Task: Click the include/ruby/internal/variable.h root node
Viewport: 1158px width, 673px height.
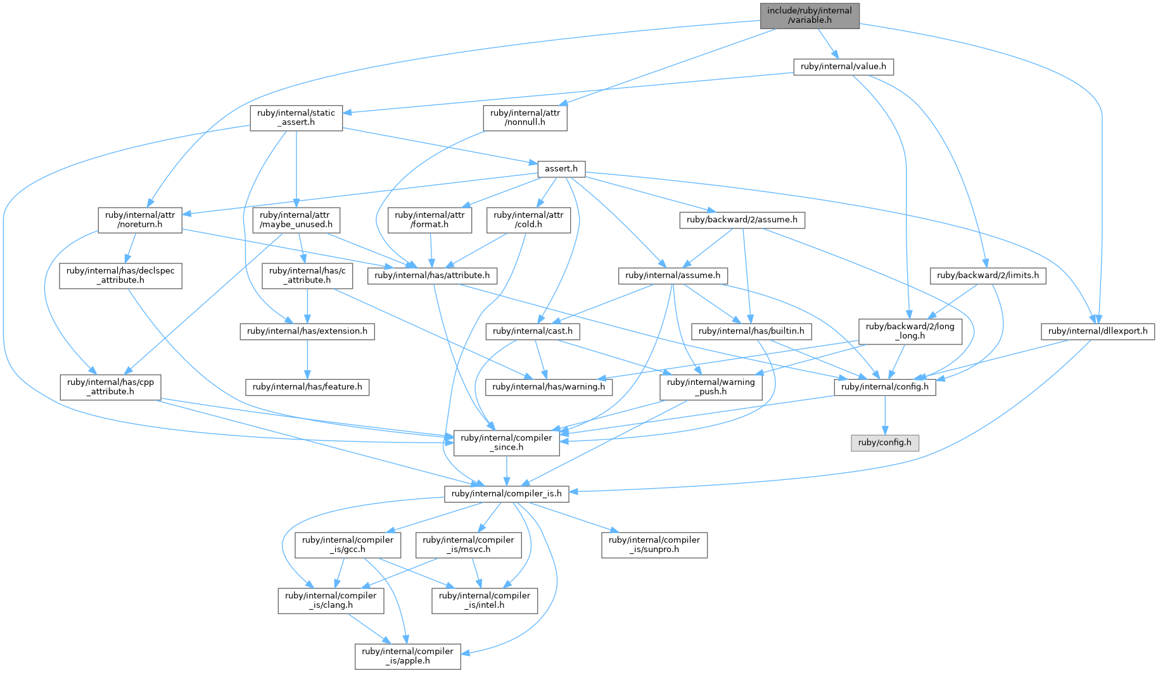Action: [x=810, y=15]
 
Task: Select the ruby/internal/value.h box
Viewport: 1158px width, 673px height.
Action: [x=843, y=66]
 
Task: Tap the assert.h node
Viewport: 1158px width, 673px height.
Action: [x=561, y=169]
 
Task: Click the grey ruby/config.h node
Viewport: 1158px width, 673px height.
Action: [x=884, y=443]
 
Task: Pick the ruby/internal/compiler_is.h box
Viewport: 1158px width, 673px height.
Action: [x=507, y=494]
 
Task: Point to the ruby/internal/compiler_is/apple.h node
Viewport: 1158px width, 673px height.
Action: [x=407, y=656]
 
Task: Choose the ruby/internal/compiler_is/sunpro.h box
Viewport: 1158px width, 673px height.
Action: [x=654, y=544]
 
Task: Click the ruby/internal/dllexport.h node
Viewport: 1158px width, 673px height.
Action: [x=1098, y=331]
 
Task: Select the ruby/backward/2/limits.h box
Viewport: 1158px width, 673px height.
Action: [x=988, y=275]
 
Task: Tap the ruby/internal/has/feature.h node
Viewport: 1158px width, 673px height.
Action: [x=307, y=387]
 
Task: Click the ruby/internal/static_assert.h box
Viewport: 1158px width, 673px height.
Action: [x=296, y=118]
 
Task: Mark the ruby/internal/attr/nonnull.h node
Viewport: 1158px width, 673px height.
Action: [x=525, y=118]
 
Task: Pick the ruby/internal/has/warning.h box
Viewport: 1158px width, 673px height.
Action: [x=549, y=387]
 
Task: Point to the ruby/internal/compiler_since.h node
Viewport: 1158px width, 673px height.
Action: [x=507, y=443]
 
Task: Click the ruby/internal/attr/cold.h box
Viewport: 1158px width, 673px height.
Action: [x=528, y=220]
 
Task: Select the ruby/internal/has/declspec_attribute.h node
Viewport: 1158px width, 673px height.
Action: [x=121, y=275]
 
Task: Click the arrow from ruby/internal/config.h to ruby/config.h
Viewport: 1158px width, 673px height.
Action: [x=885, y=415]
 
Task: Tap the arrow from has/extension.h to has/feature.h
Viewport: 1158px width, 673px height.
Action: [x=307, y=359]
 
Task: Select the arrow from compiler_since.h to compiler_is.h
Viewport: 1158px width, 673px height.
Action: [x=507, y=470]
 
